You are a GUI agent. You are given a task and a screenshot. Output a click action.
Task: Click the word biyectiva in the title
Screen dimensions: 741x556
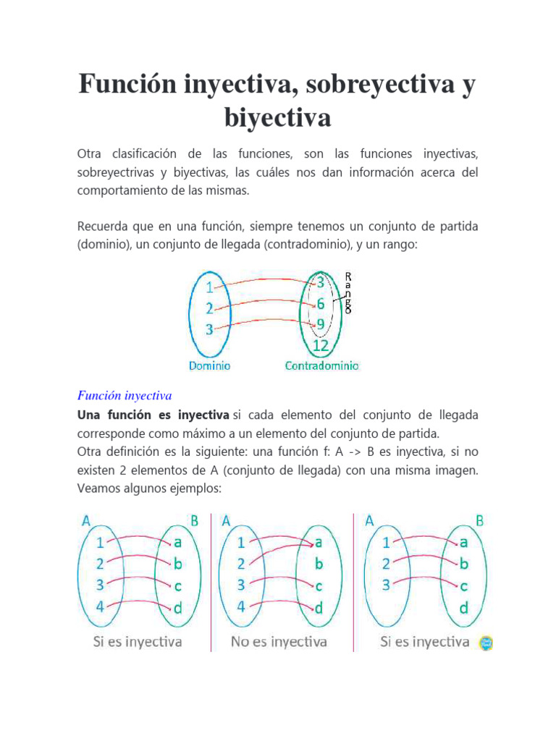pos(277,117)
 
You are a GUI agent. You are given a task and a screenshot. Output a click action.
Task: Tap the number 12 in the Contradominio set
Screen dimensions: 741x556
pos(321,347)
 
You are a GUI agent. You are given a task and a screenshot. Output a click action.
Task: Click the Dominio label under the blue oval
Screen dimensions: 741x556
pos(210,366)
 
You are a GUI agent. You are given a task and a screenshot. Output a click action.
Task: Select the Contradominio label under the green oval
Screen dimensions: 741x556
pos(321,366)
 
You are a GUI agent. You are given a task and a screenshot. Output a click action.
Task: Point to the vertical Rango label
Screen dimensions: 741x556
pos(348,292)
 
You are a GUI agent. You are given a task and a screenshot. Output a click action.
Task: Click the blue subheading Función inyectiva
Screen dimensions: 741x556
pos(124,396)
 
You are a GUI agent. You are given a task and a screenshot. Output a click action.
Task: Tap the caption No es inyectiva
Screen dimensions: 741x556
pos(279,641)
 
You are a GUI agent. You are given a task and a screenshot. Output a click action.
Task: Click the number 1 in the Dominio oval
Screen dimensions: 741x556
pos(209,287)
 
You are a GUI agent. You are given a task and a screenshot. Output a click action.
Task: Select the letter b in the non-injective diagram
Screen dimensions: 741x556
pos(319,563)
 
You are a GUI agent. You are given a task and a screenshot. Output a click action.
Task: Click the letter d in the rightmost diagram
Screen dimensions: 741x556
pos(463,608)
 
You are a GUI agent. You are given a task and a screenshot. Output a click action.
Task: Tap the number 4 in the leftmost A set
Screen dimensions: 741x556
pos(100,606)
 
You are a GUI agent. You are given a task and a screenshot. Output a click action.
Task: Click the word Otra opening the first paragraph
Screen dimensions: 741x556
pos(90,154)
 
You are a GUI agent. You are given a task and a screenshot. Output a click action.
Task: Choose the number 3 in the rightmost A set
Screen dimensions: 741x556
pos(387,585)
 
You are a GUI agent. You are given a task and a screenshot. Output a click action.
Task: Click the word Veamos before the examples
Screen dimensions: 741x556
pos(99,488)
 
